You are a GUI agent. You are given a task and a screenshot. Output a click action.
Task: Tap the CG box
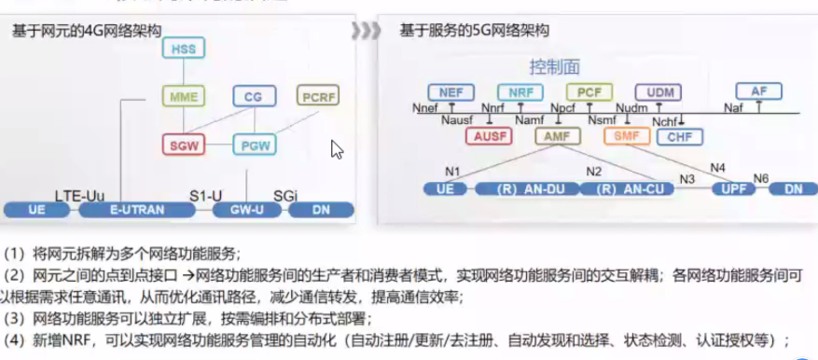click(252, 97)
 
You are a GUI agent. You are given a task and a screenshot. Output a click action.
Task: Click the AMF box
click(558, 137)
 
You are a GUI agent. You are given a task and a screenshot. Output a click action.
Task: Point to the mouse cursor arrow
click(337, 149)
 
